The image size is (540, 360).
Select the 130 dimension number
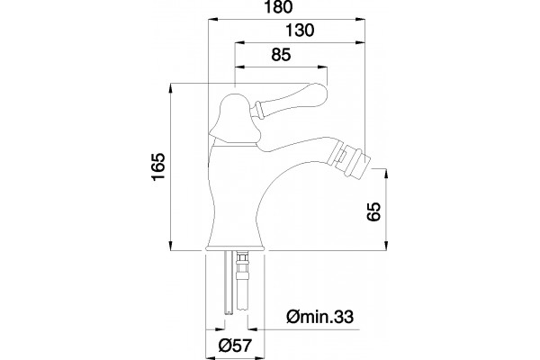pyautogui.click(x=301, y=31)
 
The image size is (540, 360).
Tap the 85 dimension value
pyautogui.click(x=281, y=54)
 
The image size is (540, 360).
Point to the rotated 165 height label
pyautogui.click(x=159, y=166)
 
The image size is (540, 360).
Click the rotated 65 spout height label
pyautogui.click(x=374, y=211)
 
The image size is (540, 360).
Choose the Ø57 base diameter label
pyautogui.click(x=236, y=346)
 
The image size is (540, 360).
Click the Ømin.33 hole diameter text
pyautogui.click(x=319, y=317)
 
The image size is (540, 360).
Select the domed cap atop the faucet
pyautogui.click(x=234, y=117)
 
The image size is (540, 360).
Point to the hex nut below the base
pyautogui.click(x=242, y=257)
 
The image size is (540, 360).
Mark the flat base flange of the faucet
pyautogui.click(x=235, y=248)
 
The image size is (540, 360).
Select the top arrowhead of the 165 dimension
pyautogui.click(x=171, y=88)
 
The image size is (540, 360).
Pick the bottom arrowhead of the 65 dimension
pyautogui.click(x=386, y=246)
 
